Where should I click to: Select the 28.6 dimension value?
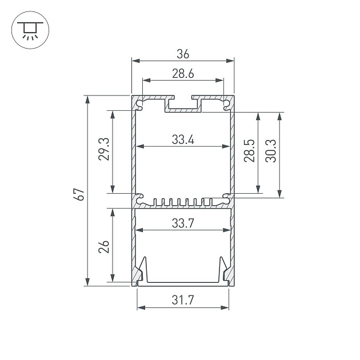coord(183,74)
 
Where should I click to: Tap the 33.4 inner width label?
coord(183,139)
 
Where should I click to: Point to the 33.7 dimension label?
coord(183,224)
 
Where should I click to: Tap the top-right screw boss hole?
coord(226,104)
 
